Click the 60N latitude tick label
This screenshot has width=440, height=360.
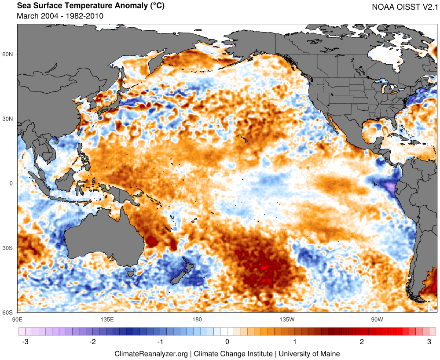coord(8,54)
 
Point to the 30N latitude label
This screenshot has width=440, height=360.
coord(8,119)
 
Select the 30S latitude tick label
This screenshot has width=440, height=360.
coord(8,248)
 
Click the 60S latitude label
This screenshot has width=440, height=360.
coord(8,313)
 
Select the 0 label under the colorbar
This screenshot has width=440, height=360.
coord(227,342)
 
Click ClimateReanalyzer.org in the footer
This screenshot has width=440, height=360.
coord(151,353)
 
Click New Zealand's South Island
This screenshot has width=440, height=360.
coord(178,276)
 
